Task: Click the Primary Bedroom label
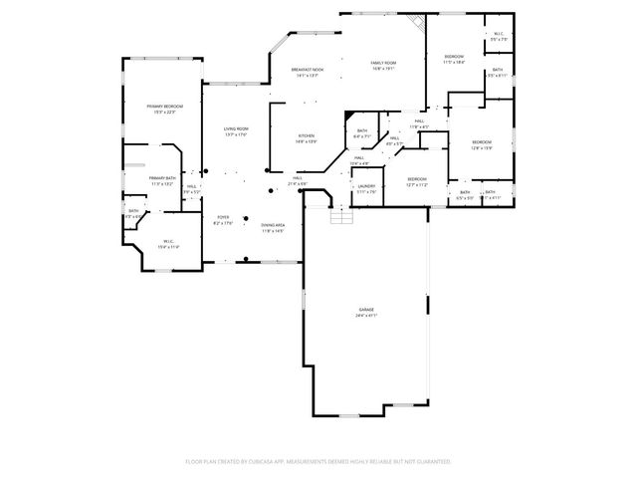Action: pyautogui.click(x=165, y=106)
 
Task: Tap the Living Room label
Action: pyautogui.click(x=236, y=128)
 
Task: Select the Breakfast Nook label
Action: pyautogui.click(x=304, y=69)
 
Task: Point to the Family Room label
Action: pyautogui.click(x=383, y=63)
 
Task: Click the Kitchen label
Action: pyautogui.click(x=307, y=135)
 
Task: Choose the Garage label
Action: pyautogui.click(x=366, y=310)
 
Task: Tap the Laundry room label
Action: pyautogui.click(x=366, y=185)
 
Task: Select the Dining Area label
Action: pyautogui.click(x=273, y=225)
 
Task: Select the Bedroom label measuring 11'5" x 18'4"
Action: pyautogui.click(x=454, y=56)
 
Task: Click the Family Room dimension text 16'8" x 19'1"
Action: pyautogui.click(x=383, y=69)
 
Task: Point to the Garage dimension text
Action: pyautogui.click(x=366, y=316)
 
